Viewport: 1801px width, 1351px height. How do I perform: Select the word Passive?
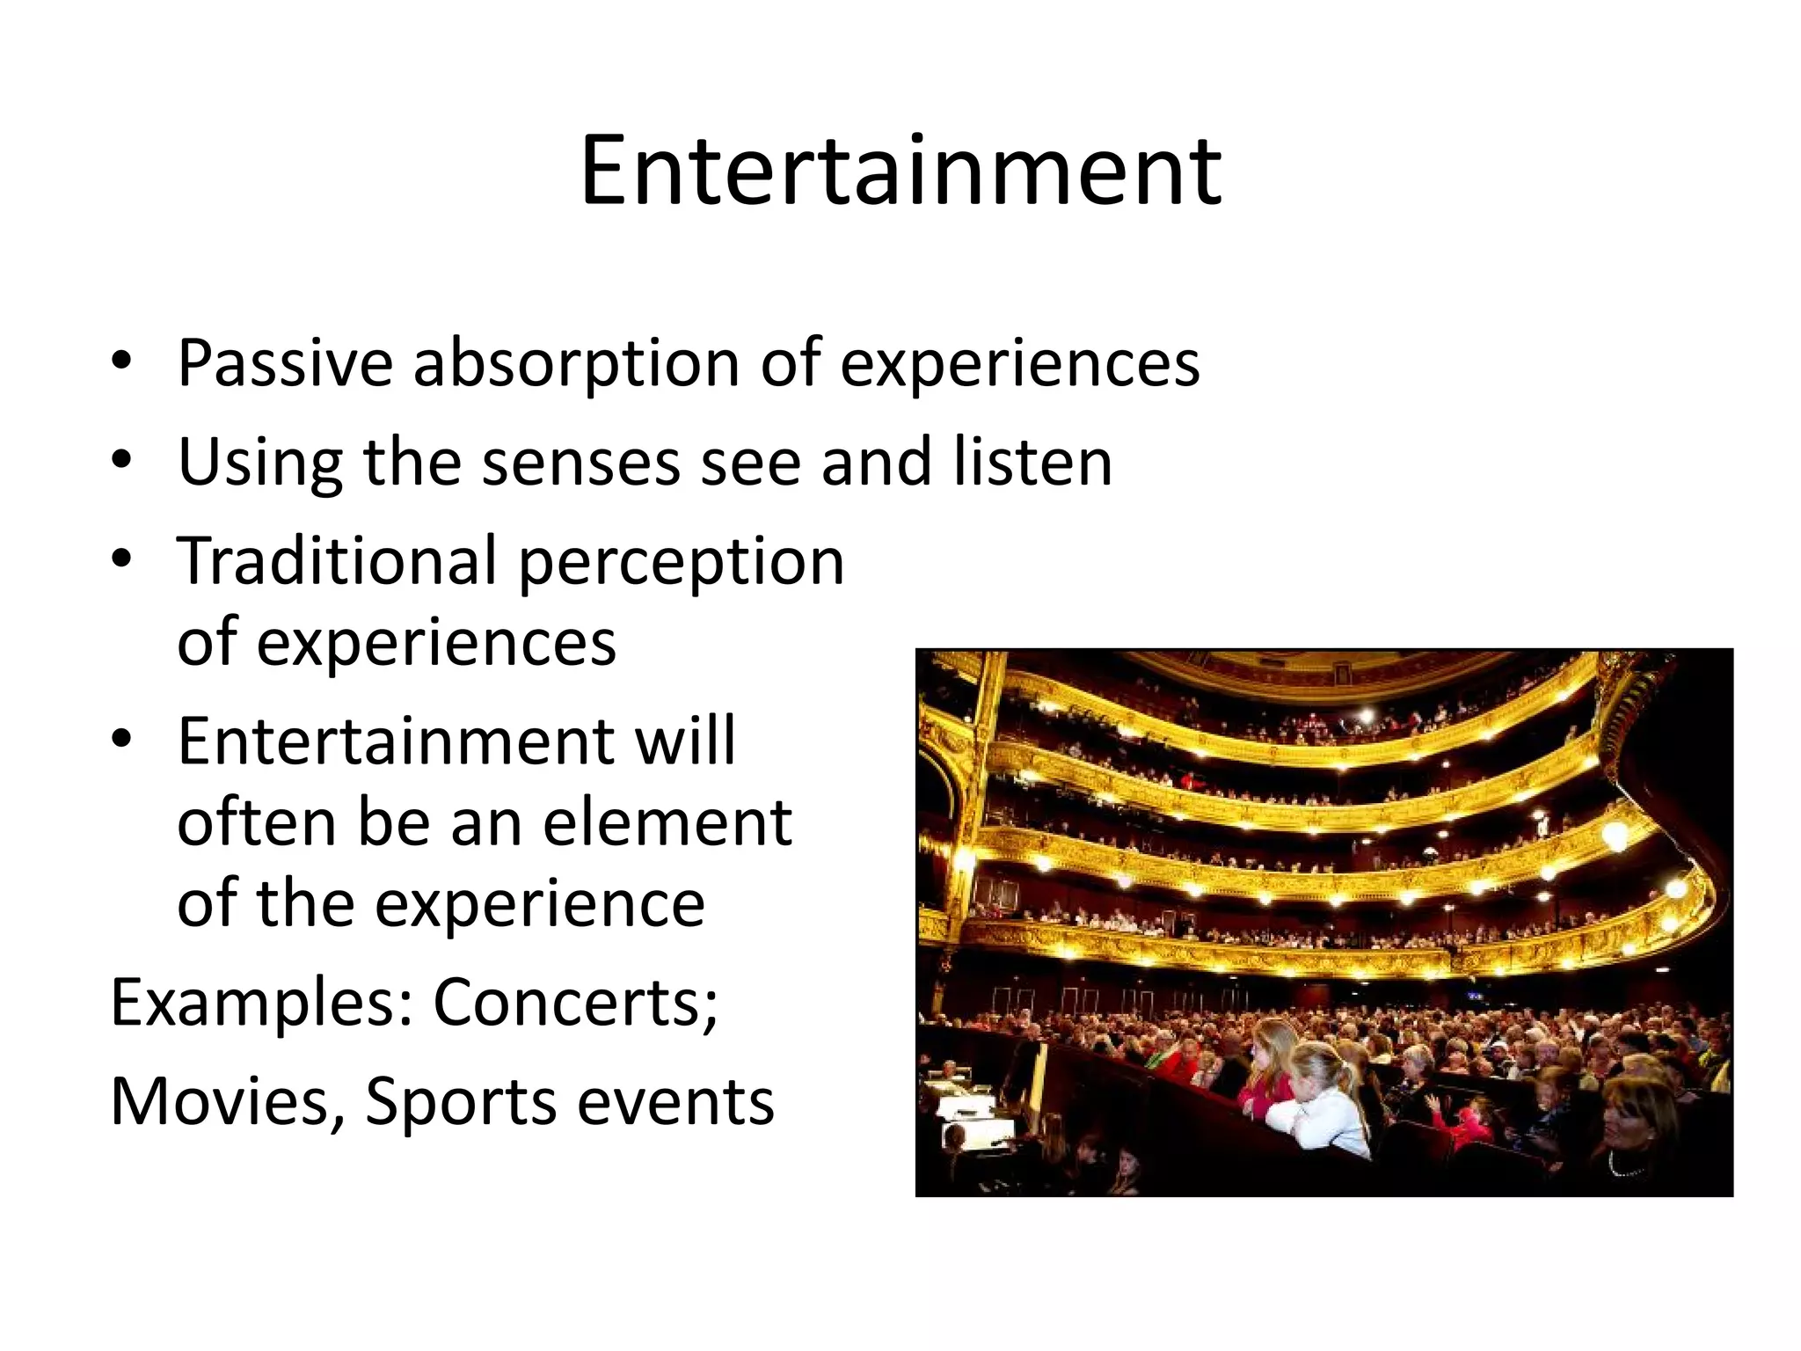click(284, 363)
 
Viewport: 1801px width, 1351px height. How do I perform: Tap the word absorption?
click(576, 363)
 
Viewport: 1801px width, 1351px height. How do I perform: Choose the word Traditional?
click(337, 561)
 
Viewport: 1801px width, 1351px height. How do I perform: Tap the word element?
click(667, 822)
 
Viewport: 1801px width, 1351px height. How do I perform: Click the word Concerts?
click(576, 1003)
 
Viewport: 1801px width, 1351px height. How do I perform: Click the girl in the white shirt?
click(1319, 1108)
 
